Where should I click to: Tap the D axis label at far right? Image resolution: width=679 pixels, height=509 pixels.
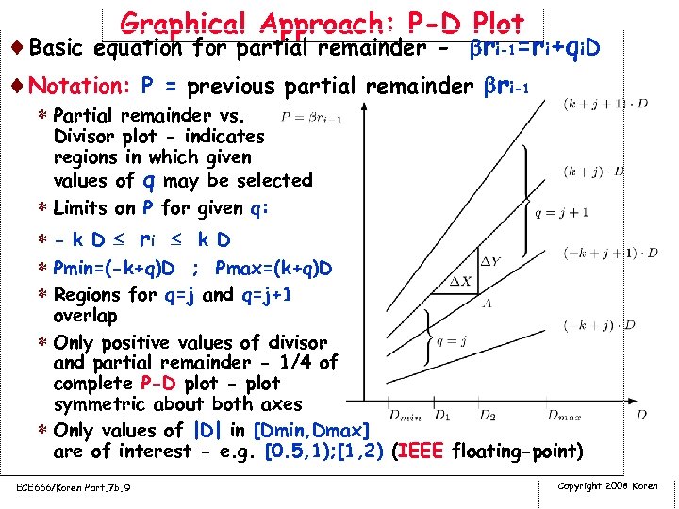[641, 413]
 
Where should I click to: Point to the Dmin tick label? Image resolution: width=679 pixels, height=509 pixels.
[405, 413]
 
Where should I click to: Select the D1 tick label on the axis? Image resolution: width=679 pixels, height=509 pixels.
[441, 413]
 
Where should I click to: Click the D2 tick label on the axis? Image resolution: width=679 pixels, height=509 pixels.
[488, 413]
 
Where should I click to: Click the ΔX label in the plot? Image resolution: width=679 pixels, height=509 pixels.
[459, 281]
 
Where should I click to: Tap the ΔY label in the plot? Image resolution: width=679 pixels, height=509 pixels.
[491, 260]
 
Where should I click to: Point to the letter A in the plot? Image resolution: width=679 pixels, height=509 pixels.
[487, 303]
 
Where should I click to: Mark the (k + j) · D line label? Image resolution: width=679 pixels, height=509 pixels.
[595, 172]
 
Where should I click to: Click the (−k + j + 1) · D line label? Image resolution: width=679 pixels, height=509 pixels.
[611, 253]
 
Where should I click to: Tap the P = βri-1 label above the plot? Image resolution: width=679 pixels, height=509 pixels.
[312, 117]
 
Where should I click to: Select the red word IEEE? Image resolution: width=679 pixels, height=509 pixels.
[420, 452]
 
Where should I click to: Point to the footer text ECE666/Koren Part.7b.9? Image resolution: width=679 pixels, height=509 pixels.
[73, 486]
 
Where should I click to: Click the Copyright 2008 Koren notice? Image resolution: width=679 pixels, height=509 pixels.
[607, 485]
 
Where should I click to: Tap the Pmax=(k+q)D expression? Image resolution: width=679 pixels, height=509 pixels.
[273, 270]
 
